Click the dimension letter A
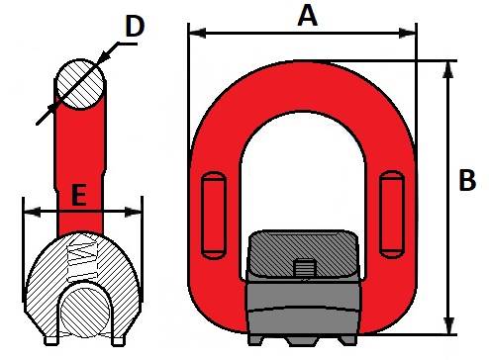tap(308, 17)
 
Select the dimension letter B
tap(467, 180)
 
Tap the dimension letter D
tap(135, 26)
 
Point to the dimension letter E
tap(79, 195)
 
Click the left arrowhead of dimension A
tap(197, 33)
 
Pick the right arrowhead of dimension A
tap(407, 33)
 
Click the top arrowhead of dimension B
tap(447, 69)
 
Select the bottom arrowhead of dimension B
tap(447, 325)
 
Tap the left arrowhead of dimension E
tap(33, 213)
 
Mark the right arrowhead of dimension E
tap(133, 213)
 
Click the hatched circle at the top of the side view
tap(80, 84)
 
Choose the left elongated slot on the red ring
tap(214, 215)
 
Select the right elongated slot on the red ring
tap(392, 215)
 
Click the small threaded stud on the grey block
tap(304, 269)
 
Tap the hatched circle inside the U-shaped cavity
tap(85, 313)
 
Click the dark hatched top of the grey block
tap(303, 253)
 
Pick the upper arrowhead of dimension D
tap(105, 56)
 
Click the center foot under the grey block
tap(302, 341)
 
